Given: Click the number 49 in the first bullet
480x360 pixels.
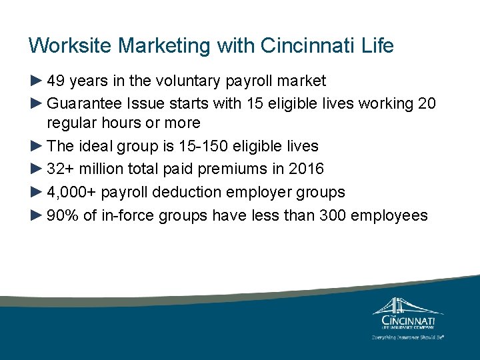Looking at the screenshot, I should (x=56, y=81).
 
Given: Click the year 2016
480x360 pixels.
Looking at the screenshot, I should (x=307, y=169).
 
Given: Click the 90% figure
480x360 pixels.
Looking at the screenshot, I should (x=63, y=215).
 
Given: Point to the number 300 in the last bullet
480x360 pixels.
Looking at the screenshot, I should (x=333, y=215).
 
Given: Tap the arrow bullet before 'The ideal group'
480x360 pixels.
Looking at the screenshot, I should (x=37, y=146).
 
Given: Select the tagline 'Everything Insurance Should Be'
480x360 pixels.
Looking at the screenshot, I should (x=407, y=337).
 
